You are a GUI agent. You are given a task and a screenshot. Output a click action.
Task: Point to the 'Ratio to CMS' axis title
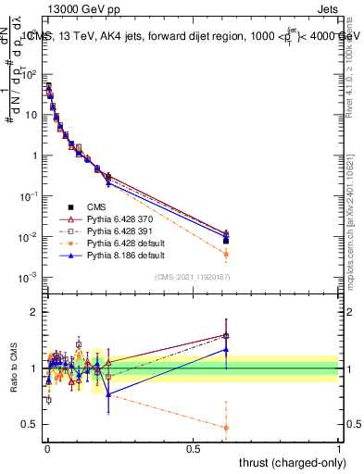point(13,368)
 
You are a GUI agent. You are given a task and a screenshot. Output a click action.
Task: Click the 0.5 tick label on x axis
point(193,449)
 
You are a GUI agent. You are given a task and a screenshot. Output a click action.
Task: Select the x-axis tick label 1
point(339,449)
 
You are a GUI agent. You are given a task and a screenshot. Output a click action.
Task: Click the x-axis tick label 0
point(47,449)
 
